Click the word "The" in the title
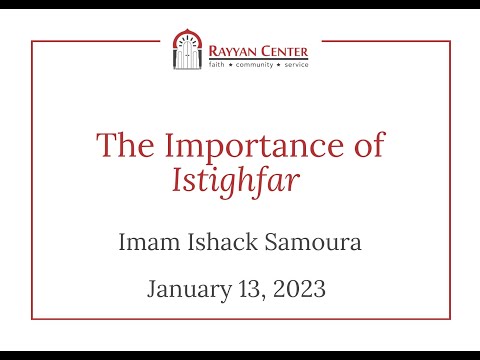click(x=120, y=146)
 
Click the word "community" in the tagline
click(x=253, y=64)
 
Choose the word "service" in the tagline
click(x=296, y=64)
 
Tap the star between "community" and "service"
click(x=277, y=64)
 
